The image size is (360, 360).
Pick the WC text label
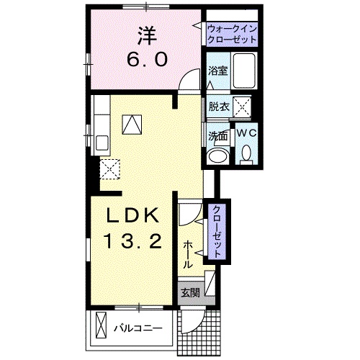[x=246, y=133]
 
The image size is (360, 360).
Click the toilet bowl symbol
[x=246, y=153]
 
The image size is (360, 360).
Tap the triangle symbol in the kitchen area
[x=132, y=125]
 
